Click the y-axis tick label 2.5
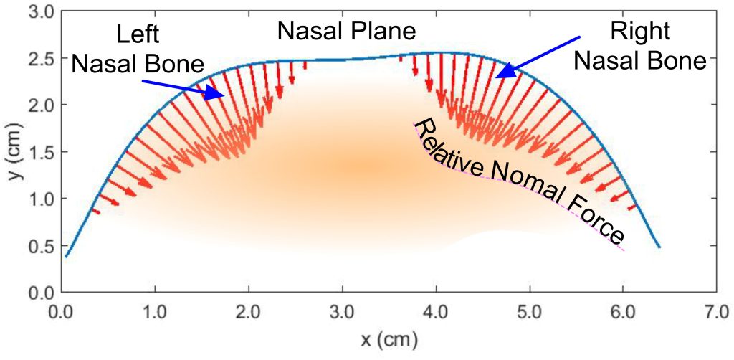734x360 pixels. tap(41, 59)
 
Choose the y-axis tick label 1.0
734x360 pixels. tap(41, 199)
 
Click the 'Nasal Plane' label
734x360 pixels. tap(347, 32)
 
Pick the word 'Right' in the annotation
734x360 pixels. tap(640, 31)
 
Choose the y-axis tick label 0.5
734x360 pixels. tap(41, 246)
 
